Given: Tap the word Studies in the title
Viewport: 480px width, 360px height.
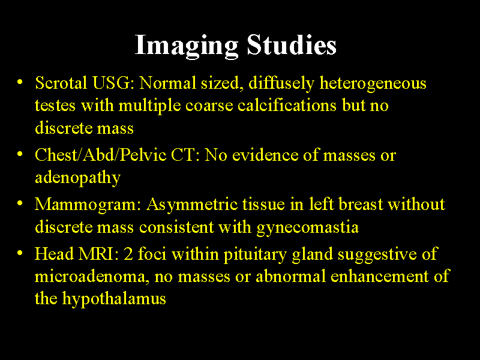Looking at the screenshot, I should pos(292,46).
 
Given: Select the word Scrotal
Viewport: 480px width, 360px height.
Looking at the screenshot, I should pos(61,83).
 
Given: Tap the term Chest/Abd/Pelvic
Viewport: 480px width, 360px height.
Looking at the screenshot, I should pos(100,155).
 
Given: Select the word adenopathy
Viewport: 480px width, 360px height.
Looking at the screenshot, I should pos(77,178).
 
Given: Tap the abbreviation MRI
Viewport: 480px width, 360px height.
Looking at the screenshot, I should pos(101,254).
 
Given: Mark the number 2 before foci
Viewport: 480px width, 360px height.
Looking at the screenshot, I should pos(128,254).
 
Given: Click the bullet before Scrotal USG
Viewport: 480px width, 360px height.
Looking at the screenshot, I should pos(20,82).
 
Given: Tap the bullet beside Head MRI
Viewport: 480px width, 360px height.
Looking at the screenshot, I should pos(20,253).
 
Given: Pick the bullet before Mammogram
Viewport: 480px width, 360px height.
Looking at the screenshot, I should pos(20,203).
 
